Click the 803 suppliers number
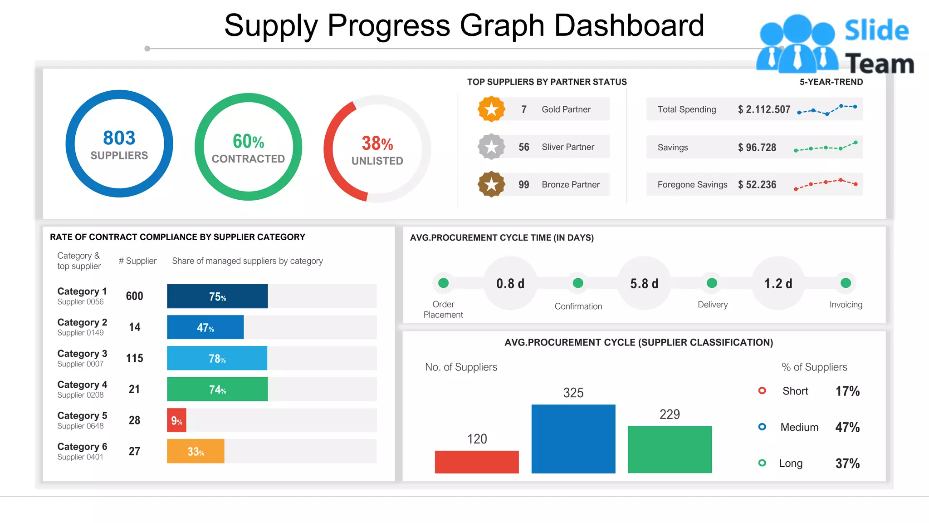click(119, 138)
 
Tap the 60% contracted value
click(248, 142)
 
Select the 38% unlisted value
click(377, 143)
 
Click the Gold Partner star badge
click(491, 109)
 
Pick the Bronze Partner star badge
click(491, 184)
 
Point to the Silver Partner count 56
click(524, 147)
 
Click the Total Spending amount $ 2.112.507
click(764, 109)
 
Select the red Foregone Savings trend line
click(826, 183)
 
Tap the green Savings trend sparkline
click(826, 147)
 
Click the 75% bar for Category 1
click(217, 296)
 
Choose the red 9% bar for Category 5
click(176, 420)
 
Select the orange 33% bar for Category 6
click(196, 451)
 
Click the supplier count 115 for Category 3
click(134, 358)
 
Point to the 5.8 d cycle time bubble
click(644, 284)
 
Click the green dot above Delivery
click(712, 283)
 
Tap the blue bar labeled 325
click(573, 439)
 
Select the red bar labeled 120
click(477, 462)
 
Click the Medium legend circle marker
click(762, 427)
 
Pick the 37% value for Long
click(847, 464)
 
